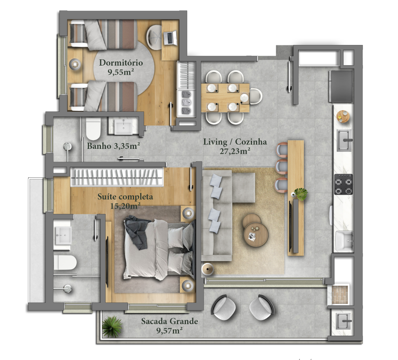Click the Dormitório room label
pyautogui.click(x=121, y=63)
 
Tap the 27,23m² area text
pyautogui.click(x=235, y=151)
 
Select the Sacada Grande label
pyautogui.click(x=170, y=321)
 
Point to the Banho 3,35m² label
pyautogui.click(x=113, y=146)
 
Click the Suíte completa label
pyautogui.click(x=125, y=197)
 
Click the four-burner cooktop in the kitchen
pyautogui.click(x=344, y=184)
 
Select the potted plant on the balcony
pyautogui.click(x=112, y=327)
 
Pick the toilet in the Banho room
pyautogui.click(x=93, y=129)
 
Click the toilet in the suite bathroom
pyautogui.click(x=65, y=263)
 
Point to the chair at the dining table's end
pyautogui.click(x=255, y=96)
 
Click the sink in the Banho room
pyautogui.click(x=123, y=126)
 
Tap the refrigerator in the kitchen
pyautogui.click(x=341, y=86)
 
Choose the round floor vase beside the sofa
pyautogui.click(x=207, y=269)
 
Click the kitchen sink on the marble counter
pyautogui.click(x=345, y=140)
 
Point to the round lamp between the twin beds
pyautogui.click(x=75, y=64)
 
